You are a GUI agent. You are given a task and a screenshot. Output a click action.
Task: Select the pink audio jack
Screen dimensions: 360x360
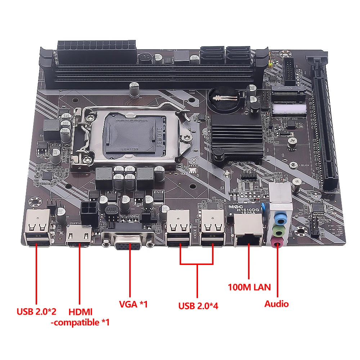point(277,243)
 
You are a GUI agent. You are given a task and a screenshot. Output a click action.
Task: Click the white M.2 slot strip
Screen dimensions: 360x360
point(290,108)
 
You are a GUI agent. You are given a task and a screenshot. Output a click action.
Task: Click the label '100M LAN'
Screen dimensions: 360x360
point(249,287)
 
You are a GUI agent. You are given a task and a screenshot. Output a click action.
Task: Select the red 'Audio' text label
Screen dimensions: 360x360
point(276,303)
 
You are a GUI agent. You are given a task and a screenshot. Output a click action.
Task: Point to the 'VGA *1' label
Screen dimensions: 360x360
point(133,304)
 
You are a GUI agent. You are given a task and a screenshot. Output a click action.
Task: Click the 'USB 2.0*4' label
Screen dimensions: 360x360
point(198,306)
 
